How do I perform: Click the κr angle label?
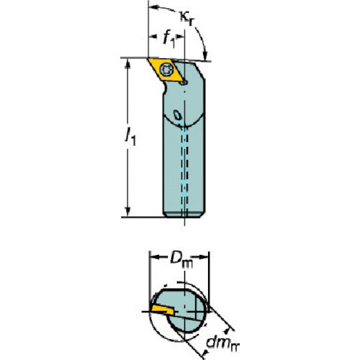(x=186, y=18)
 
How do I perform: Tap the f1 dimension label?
(x=169, y=39)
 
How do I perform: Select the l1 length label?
(x=130, y=138)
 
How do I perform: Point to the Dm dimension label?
(x=181, y=260)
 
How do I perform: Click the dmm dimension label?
(x=223, y=343)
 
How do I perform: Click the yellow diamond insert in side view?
(x=166, y=70)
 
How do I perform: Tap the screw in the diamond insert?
(x=166, y=70)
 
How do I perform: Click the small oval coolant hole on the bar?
(x=178, y=115)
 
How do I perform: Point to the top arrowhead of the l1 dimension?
(x=128, y=63)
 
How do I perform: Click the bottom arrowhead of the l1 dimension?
(x=128, y=212)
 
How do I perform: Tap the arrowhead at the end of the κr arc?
(x=204, y=55)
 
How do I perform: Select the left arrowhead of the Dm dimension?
(x=154, y=257)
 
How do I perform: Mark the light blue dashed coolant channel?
(x=184, y=168)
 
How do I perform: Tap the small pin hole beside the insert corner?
(x=184, y=83)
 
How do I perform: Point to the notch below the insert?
(x=165, y=88)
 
